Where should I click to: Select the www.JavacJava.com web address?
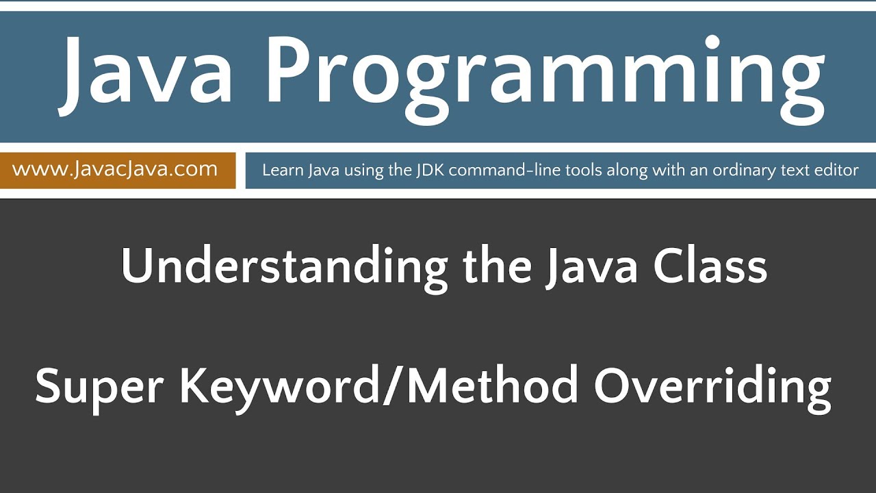click(115, 169)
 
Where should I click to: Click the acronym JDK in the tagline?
click(430, 170)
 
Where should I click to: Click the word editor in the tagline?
click(837, 170)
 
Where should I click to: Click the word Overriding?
click(712, 386)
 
